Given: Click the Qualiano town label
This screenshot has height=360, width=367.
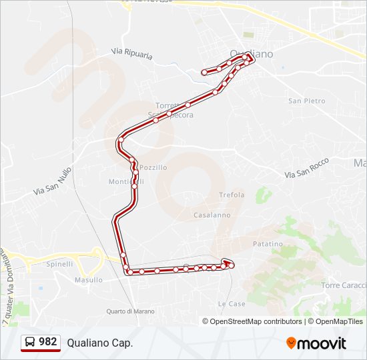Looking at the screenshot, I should (x=251, y=54).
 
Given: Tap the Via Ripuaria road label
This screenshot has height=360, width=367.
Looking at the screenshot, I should (x=132, y=53).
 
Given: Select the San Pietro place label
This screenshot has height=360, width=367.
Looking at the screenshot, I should (x=307, y=101).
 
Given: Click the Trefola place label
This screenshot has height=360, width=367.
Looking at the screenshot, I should (x=232, y=195).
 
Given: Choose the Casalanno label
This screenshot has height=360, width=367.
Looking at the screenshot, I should (x=212, y=215).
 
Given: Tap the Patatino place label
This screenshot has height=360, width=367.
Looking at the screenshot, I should (x=268, y=245).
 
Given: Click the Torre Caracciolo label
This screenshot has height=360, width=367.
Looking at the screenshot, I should (x=344, y=285).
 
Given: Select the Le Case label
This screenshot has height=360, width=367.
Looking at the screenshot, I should (x=232, y=303).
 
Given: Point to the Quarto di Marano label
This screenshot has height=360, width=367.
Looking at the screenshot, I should (x=130, y=311).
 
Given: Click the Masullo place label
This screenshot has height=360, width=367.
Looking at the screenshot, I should (x=89, y=280).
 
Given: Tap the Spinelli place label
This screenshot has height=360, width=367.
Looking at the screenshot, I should (x=60, y=264).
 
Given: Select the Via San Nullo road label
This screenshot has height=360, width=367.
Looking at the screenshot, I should (x=52, y=181).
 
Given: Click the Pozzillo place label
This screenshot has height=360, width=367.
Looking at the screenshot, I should (x=153, y=167).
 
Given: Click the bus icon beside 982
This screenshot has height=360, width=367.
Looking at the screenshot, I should (x=31, y=343).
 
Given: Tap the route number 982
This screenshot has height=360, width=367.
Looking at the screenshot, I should (x=48, y=342).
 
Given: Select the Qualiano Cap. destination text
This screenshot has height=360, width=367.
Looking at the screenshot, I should (x=100, y=343).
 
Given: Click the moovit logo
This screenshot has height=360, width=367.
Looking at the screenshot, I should (x=316, y=343).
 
